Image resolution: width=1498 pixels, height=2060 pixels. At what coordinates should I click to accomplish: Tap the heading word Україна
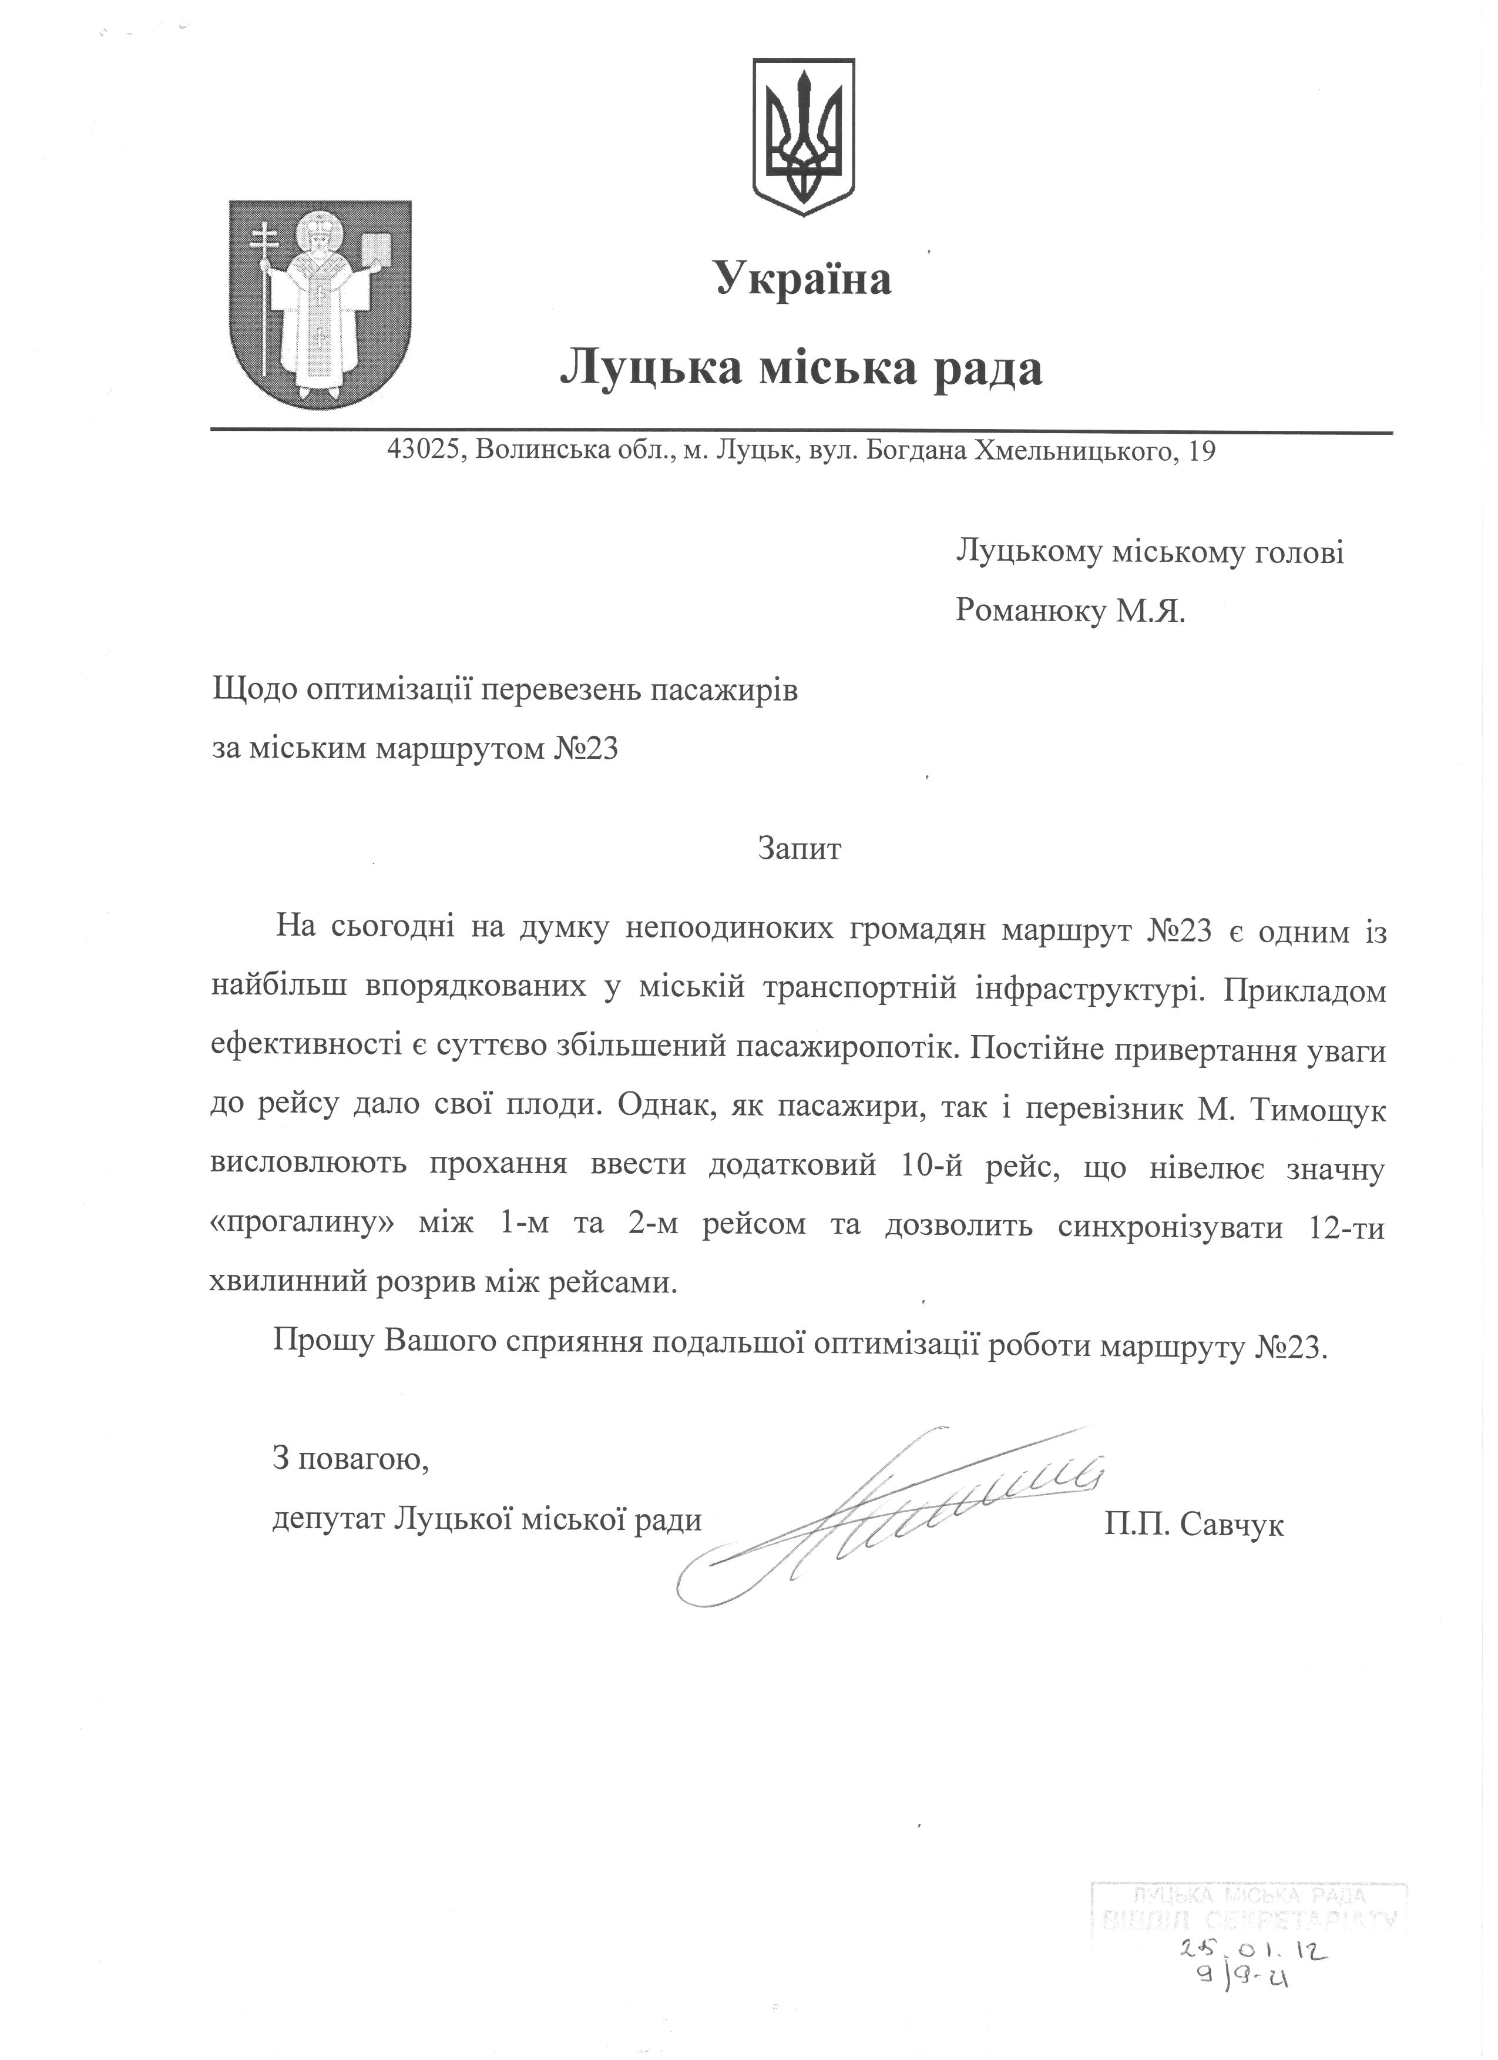tap(804, 278)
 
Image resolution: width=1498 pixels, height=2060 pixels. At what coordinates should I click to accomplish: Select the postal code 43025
tap(425, 451)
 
